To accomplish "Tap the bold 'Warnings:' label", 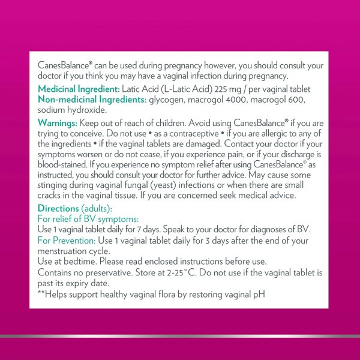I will point(57,123).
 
